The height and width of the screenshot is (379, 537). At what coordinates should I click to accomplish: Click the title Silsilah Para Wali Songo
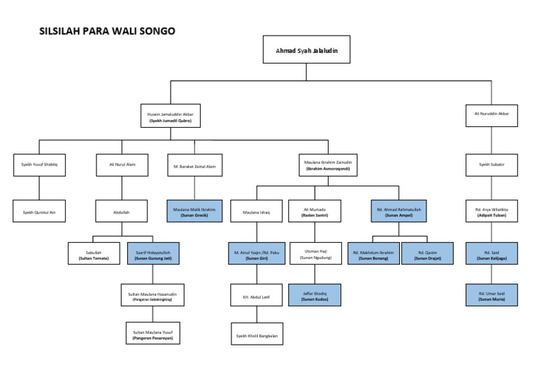107,31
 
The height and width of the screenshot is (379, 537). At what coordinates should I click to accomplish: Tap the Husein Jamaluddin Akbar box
171,117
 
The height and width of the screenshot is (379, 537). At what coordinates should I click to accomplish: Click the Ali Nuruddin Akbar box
492,114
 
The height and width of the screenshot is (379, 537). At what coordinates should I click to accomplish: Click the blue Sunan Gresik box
194,211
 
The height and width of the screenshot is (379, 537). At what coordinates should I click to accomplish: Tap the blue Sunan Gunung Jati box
153,253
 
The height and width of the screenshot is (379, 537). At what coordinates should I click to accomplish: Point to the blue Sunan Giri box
256,253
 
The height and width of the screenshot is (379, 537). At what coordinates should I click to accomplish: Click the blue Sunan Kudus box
314,295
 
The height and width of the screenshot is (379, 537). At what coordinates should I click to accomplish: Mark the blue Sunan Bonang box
373,253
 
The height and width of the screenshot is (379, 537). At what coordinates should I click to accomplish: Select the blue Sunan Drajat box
427,253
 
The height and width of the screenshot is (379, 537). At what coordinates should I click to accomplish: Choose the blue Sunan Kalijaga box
492,253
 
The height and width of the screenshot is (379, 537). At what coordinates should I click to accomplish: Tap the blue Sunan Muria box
492,295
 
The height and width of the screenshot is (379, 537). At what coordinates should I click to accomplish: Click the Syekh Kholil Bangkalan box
256,336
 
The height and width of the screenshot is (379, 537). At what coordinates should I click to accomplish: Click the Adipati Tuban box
492,211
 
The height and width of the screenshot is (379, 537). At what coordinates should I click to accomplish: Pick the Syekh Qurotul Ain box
39,211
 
